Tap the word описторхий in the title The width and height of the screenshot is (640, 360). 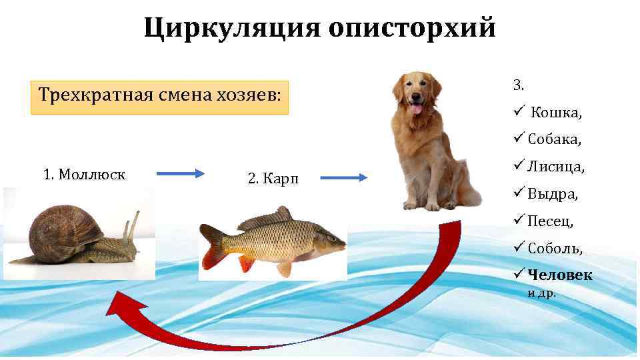(411, 28)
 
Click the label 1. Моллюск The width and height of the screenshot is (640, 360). (84, 175)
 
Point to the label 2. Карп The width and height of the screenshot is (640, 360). (273, 178)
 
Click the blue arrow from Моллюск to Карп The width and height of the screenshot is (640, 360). (181, 174)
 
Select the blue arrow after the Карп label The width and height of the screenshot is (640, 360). (343, 177)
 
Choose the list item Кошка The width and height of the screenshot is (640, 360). (556, 113)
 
